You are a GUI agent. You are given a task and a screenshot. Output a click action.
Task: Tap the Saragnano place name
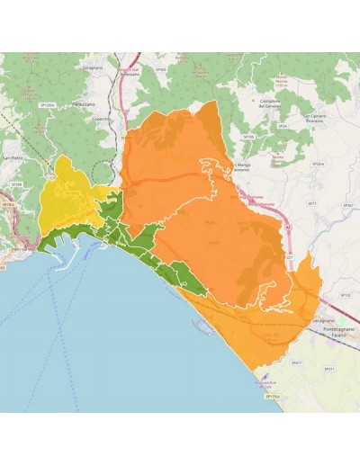coord(94,67)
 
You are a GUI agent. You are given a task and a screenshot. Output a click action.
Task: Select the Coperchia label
coord(101,118)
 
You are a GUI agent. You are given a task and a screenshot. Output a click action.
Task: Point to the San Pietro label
coord(12,158)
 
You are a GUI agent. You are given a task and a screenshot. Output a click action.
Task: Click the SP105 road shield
coord(249,137)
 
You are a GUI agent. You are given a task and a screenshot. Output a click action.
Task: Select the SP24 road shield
coord(283,127)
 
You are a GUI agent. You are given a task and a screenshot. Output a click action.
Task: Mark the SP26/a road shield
coord(317,164)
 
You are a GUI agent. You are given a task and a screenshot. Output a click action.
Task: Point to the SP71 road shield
coord(311,205)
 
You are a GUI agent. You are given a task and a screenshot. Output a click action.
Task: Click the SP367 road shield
coord(347,205)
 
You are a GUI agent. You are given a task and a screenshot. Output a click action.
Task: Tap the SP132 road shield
coord(344,294)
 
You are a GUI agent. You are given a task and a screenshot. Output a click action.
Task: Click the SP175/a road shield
coord(272,396)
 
